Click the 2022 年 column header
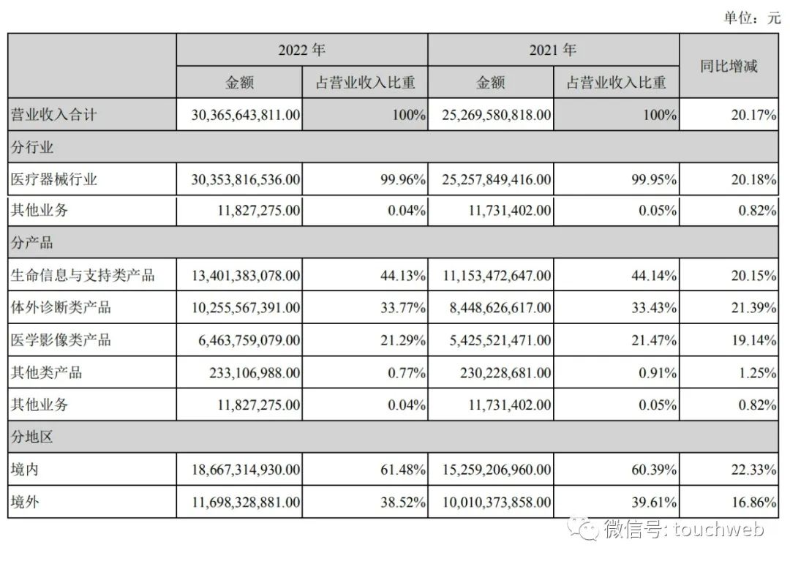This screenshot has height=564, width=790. click(301, 50)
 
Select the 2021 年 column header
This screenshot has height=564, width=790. click(553, 50)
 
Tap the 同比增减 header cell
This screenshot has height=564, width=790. click(729, 67)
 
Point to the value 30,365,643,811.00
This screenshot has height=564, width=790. click(238, 115)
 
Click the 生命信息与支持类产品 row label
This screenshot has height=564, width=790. click(82, 276)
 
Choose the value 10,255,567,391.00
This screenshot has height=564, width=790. click(238, 308)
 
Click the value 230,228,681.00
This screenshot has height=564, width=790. click(497, 372)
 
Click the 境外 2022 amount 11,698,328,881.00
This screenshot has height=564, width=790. click(238, 502)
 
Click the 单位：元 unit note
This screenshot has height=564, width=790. click(753, 18)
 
